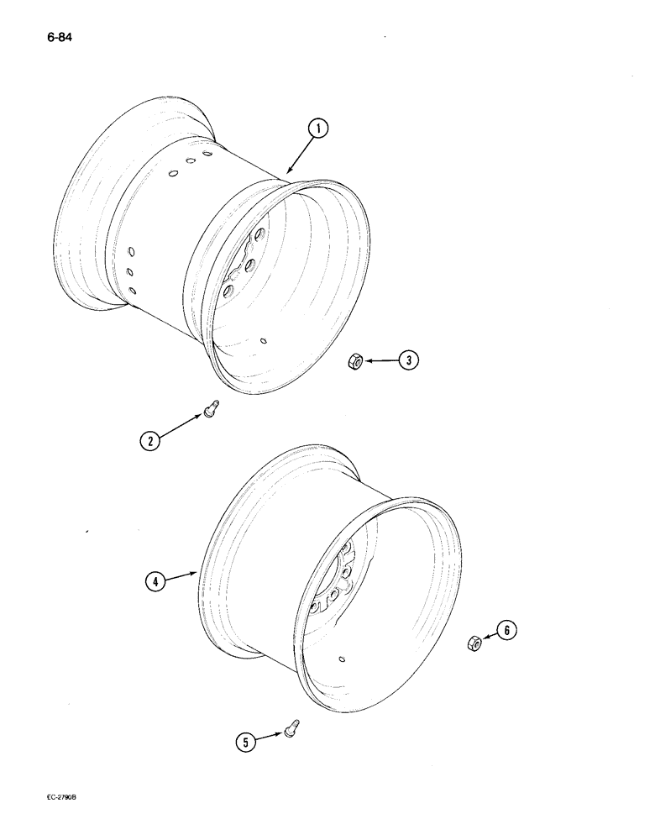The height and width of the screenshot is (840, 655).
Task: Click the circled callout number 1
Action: click(x=317, y=129)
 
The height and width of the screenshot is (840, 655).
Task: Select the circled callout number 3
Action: click(x=408, y=361)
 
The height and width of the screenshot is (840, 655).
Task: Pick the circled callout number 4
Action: click(x=155, y=580)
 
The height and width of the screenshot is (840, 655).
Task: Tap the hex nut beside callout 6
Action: click(x=474, y=644)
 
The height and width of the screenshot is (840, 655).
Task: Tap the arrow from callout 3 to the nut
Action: click(x=379, y=361)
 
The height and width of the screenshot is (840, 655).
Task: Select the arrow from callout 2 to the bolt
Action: click(x=180, y=425)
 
